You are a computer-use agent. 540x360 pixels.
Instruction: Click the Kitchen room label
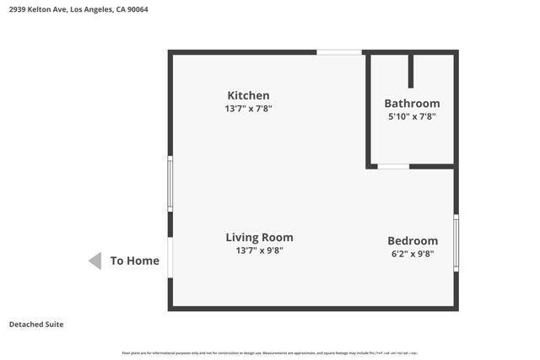[248, 95]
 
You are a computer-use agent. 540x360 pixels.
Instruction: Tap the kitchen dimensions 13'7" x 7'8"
[248, 109]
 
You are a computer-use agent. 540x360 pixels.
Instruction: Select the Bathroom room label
[412, 104]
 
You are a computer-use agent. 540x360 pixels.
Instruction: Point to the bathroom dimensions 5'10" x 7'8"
[412, 116]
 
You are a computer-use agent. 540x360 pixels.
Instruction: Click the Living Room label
[259, 238]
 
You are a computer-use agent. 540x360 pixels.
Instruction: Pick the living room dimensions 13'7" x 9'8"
[259, 250]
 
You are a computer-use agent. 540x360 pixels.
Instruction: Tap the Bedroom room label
[413, 240]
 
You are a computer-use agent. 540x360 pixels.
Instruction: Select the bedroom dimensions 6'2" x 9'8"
[413, 254]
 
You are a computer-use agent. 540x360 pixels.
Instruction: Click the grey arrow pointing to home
[95, 261]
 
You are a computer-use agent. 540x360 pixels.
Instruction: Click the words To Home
[135, 261]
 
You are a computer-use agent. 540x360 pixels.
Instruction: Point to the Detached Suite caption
[36, 325]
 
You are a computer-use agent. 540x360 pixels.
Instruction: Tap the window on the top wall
[339, 52]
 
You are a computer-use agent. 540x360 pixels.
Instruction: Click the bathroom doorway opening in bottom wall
[393, 166]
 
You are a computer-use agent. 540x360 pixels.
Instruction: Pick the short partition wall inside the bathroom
[411, 71]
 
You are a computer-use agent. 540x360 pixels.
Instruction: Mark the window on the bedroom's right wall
[456, 242]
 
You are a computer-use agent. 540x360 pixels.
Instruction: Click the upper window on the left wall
[170, 183]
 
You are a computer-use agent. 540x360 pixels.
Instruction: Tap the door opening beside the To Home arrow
[170, 257]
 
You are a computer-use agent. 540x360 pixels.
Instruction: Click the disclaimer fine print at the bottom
[270, 352]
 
